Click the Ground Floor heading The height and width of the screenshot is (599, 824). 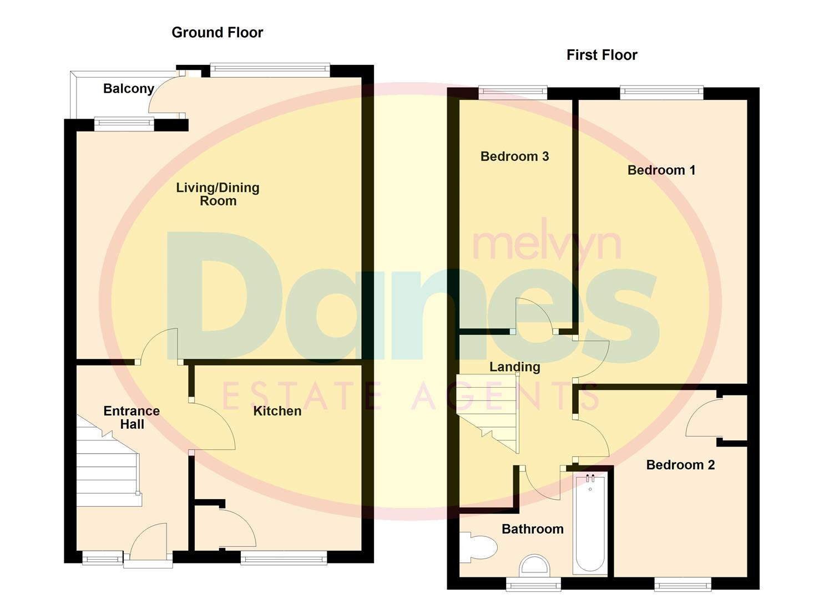click(217, 33)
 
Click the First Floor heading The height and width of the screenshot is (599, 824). click(601, 55)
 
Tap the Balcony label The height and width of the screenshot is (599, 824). click(128, 89)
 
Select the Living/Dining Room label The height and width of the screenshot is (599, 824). click(218, 194)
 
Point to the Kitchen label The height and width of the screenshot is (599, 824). click(277, 411)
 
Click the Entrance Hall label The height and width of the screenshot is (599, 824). click(132, 418)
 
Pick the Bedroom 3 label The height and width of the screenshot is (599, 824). click(514, 156)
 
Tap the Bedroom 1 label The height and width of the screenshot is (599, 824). click(661, 170)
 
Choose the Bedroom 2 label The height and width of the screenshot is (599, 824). click(680, 465)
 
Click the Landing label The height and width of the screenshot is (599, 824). click(514, 367)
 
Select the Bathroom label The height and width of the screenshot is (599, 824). click(532, 529)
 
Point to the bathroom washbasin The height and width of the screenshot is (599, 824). click(535, 566)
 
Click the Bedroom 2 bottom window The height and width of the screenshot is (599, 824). click(682, 583)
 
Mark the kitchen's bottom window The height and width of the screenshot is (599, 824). click(284, 557)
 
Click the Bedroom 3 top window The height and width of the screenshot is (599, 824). click(512, 93)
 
